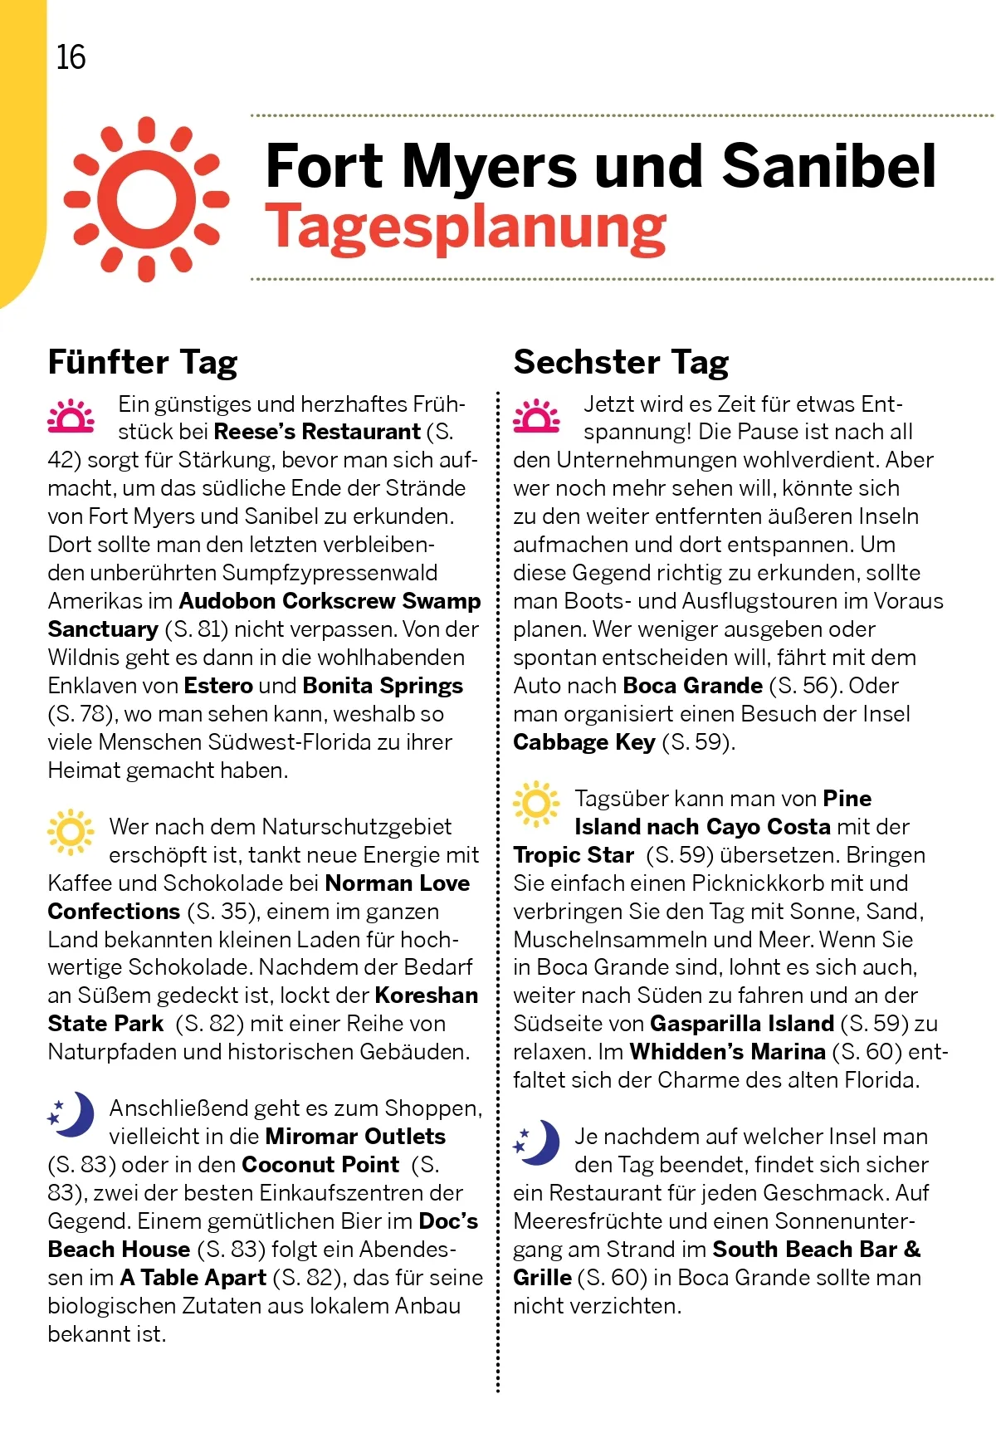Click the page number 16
(x=71, y=57)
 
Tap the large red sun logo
(x=147, y=199)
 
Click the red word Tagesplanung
(x=465, y=227)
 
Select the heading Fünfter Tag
(x=143, y=362)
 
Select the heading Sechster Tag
(x=621, y=362)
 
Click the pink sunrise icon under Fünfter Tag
(x=71, y=417)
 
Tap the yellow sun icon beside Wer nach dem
(x=71, y=832)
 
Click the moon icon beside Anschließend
(x=71, y=1114)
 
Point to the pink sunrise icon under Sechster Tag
(x=537, y=417)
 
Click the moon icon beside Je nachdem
(x=537, y=1142)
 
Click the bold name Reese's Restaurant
(x=317, y=432)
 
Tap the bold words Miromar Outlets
(x=355, y=1136)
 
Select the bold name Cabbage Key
(x=583, y=742)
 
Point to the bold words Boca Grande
(x=692, y=686)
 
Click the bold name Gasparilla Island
(x=741, y=1024)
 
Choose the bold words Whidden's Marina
(x=727, y=1052)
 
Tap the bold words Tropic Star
(x=573, y=855)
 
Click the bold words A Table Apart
(x=193, y=1278)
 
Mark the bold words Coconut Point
(x=320, y=1165)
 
